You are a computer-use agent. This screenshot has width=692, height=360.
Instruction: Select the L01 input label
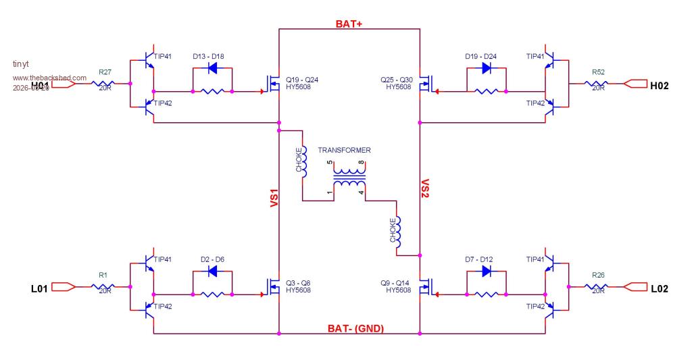40,288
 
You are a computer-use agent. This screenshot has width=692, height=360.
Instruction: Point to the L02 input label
659,288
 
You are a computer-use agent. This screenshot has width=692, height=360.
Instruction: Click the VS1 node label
274,202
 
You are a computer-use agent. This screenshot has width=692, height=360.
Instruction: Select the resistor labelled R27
105,84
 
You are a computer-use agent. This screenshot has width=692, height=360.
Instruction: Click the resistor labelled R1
105,287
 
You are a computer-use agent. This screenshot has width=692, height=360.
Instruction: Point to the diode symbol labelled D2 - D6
212,272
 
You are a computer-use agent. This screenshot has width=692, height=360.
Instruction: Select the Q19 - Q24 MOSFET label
301,83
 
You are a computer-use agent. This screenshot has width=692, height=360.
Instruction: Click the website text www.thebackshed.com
49,78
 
